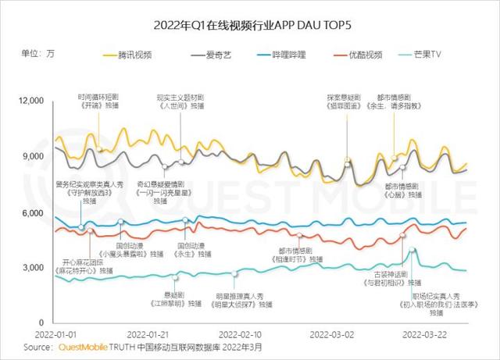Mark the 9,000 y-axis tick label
(x=37, y=157)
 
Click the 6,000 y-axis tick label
(x=37, y=213)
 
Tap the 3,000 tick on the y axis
(x=37, y=268)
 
